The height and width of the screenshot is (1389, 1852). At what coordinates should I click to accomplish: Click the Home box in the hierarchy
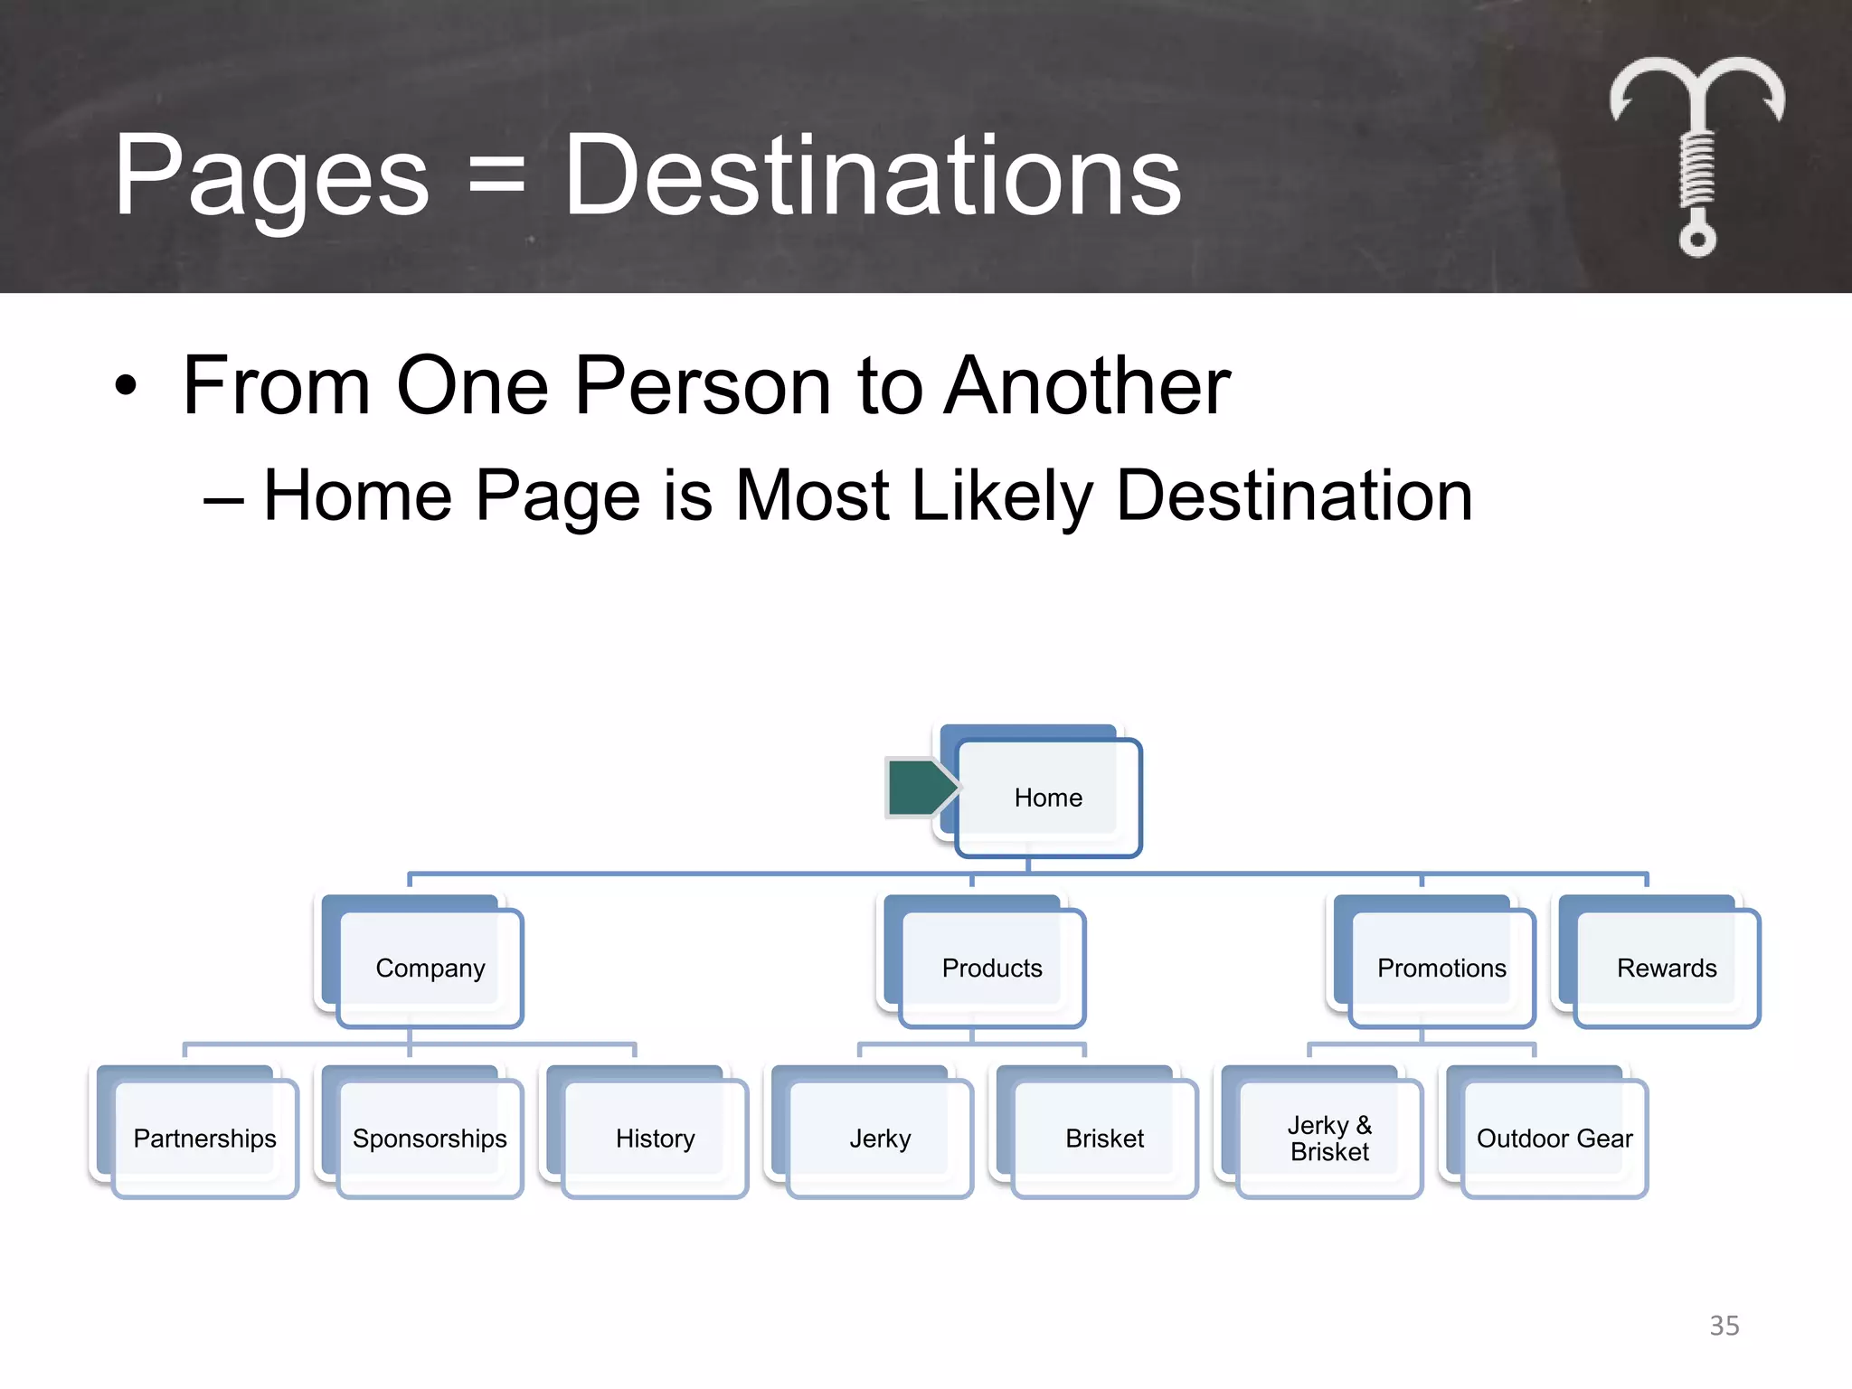[x=1048, y=798]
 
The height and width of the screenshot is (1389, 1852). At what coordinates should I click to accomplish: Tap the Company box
[x=430, y=968]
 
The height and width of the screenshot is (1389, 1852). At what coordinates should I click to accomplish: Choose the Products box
[x=992, y=968]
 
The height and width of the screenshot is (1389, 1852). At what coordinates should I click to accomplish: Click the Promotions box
[x=1441, y=968]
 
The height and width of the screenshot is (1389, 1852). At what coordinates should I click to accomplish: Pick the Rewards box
[x=1666, y=968]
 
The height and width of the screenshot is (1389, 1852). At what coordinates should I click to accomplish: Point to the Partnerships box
[x=205, y=1138]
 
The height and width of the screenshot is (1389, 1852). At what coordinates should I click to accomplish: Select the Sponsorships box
[x=430, y=1138]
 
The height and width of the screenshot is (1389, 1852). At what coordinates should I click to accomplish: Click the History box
[x=655, y=1138]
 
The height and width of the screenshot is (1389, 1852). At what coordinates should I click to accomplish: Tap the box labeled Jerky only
[x=880, y=1138]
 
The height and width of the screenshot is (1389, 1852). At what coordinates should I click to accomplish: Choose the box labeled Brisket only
[x=1104, y=1138]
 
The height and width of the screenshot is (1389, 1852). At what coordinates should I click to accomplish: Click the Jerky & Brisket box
[x=1329, y=1138]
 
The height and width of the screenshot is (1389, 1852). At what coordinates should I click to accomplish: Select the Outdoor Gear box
[x=1554, y=1138]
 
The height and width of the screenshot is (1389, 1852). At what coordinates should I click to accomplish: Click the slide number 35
[x=1724, y=1326]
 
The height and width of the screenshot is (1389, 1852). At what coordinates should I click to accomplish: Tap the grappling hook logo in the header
[x=1696, y=154]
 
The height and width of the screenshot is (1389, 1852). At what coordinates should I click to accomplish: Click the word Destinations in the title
[x=872, y=175]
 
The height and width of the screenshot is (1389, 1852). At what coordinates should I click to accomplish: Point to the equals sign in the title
[x=496, y=175]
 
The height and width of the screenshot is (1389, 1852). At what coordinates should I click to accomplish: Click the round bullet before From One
[x=127, y=386]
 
